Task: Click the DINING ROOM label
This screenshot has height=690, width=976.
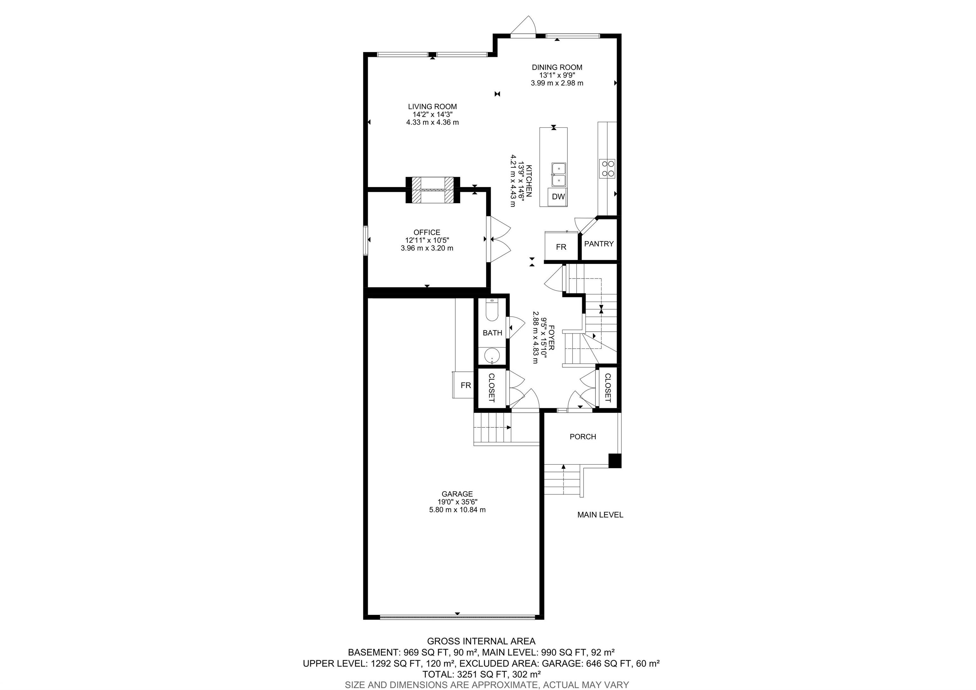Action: tap(557, 67)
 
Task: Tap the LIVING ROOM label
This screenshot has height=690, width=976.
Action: tap(432, 107)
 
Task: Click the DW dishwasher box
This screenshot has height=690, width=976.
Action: tap(558, 197)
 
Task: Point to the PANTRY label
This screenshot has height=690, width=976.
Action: tap(599, 244)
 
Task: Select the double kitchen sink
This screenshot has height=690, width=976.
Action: tap(559, 175)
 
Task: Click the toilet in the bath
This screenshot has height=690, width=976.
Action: tap(492, 311)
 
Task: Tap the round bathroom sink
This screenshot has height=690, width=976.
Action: tap(492, 355)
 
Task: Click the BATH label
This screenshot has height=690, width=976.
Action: tap(492, 333)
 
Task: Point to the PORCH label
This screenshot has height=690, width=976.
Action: tap(583, 437)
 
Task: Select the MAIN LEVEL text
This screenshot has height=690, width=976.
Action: tap(600, 515)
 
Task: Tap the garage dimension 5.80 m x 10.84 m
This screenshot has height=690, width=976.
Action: tap(457, 510)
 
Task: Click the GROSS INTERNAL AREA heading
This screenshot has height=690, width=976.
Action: tap(481, 641)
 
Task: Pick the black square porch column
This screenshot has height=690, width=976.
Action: tap(615, 461)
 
